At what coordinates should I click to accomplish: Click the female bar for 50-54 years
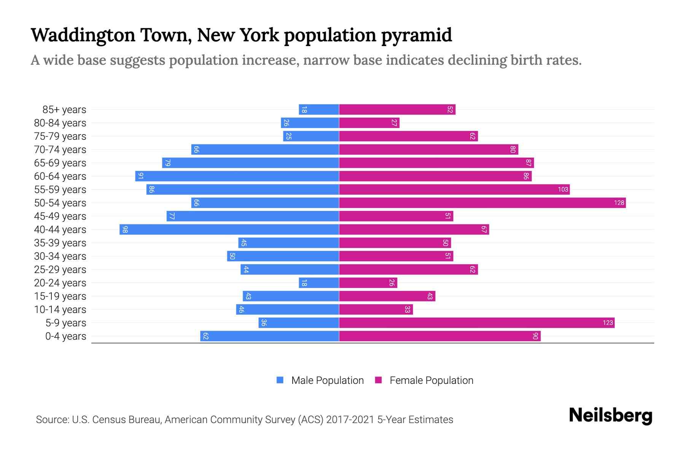click(482, 203)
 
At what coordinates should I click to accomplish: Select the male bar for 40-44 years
click(229, 229)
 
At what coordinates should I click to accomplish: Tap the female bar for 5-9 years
click(476, 323)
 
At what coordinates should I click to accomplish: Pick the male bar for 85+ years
click(319, 109)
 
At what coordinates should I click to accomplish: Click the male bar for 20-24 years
click(319, 283)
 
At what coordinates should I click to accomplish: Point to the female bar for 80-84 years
click(369, 123)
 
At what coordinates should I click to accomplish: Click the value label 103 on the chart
click(563, 189)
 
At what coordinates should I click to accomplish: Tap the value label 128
click(619, 203)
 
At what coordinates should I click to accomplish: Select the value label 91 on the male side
click(141, 176)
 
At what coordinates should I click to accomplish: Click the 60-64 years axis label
click(60, 176)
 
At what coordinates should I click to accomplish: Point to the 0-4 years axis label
click(65, 336)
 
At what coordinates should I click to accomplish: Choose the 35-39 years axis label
click(60, 243)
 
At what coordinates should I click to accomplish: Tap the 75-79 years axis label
click(60, 136)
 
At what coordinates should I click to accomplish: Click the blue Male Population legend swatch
click(280, 380)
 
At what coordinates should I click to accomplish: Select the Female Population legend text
click(431, 380)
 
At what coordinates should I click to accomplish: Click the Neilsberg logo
click(610, 415)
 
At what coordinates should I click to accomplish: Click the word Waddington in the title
click(83, 35)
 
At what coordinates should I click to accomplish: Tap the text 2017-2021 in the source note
click(350, 420)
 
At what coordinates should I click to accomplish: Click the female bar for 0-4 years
click(440, 336)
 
